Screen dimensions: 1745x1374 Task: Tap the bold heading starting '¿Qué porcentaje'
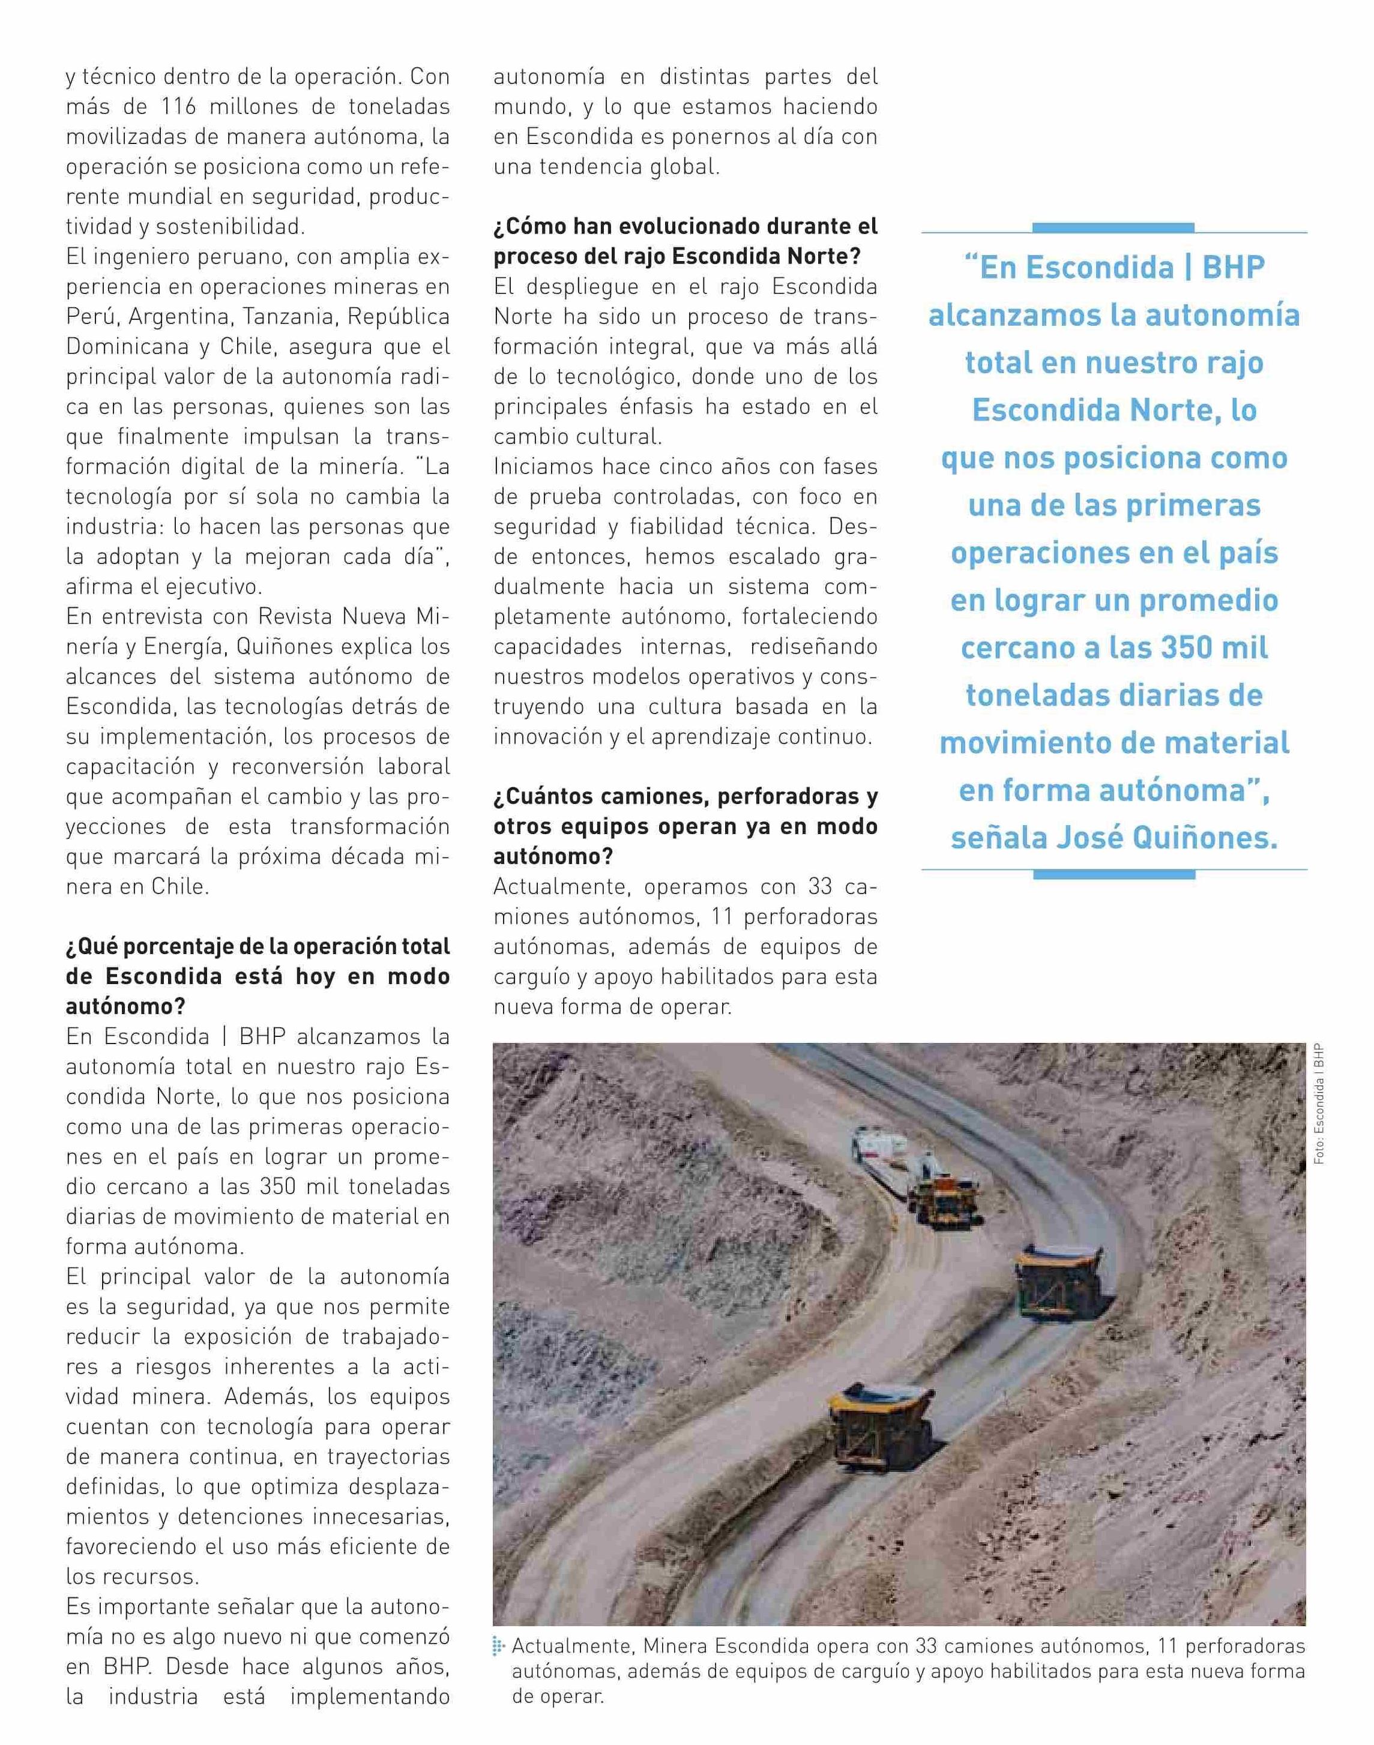tap(258, 976)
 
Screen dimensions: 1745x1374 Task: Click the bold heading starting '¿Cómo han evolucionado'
tap(685, 241)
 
